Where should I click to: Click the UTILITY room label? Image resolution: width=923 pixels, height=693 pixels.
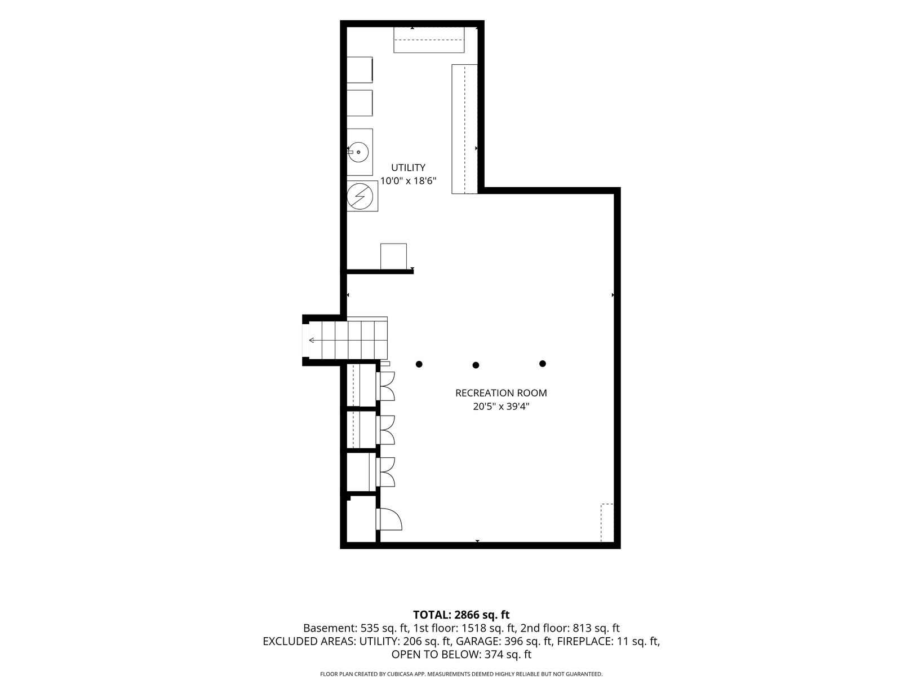(408, 167)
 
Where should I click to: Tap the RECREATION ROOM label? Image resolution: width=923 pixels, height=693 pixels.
(501, 393)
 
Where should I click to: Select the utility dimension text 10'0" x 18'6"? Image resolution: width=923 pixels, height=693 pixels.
(408, 181)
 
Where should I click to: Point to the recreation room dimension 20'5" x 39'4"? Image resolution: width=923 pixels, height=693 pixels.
(501, 407)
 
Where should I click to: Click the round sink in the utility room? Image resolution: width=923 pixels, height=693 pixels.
(359, 152)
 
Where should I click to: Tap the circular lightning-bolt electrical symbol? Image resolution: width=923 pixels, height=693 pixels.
(360, 196)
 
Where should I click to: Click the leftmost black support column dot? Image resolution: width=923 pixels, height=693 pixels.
(419, 364)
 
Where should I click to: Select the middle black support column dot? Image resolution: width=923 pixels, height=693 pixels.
(476, 365)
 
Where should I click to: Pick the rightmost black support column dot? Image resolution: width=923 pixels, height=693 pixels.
(543, 364)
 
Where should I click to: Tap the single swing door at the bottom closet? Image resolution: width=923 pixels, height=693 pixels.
(389, 519)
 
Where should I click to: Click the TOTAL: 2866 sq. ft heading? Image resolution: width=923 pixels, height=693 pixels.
(461, 615)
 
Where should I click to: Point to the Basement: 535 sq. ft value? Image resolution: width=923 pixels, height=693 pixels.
(356, 628)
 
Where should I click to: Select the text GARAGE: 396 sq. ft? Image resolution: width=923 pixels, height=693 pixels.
(504, 641)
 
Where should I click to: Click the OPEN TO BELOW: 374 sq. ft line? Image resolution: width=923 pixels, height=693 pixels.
(461, 654)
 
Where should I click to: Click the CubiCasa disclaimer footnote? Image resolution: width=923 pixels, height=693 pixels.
(461, 674)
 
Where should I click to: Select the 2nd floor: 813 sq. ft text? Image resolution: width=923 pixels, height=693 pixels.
(570, 628)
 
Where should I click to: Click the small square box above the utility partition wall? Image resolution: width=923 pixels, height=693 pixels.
(393, 256)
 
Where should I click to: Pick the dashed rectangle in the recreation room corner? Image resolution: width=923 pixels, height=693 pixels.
(607, 523)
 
